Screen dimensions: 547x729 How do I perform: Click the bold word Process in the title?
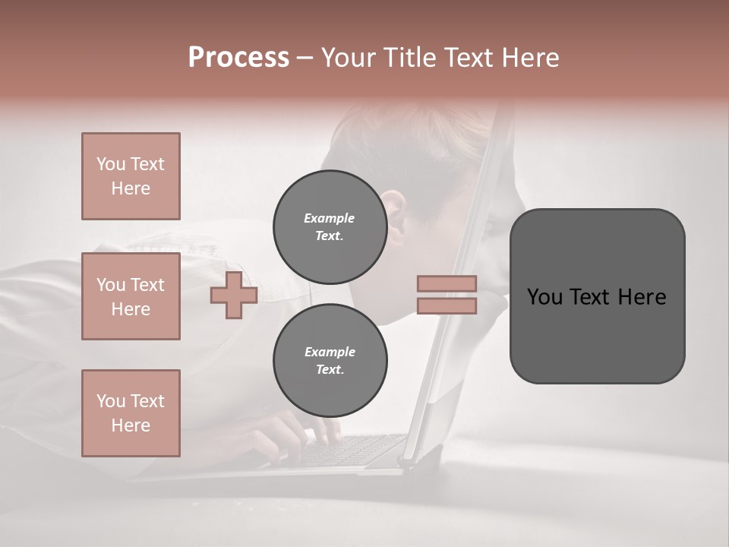tap(238, 58)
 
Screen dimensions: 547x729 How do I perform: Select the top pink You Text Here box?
tap(131, 176)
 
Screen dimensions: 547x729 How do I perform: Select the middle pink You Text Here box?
tap(131, 296)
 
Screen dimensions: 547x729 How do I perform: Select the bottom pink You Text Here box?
tap(131, 413)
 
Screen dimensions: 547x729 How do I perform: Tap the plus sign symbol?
tap(234, 296)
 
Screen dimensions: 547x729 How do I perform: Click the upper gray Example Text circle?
tap(330, 226)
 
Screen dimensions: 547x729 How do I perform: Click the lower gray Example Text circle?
tap(330, 360)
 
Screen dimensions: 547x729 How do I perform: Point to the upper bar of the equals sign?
tap(447, 284)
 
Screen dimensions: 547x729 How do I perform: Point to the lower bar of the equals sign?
tap(447, 306)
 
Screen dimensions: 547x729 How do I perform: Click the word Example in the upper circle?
tap(330, 218)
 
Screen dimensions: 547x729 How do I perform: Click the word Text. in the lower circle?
tap(330, 369)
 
